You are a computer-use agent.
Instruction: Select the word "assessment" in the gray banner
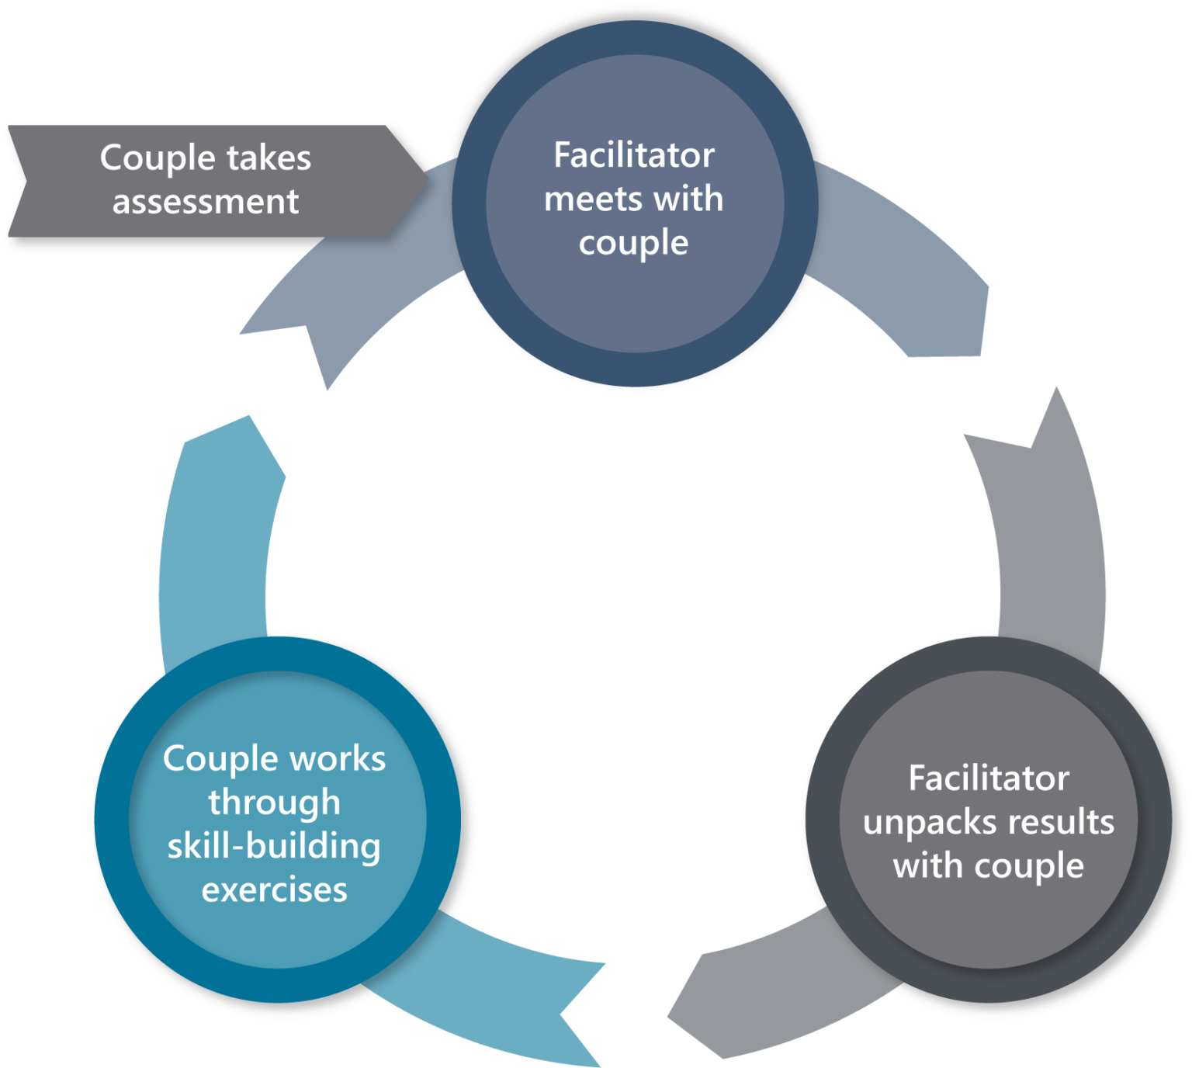[x=206, y=202]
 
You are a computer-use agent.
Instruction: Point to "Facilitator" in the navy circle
[x=634, y=155]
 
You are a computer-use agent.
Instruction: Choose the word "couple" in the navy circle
[x=634, y=244]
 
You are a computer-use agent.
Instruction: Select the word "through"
[x=274, y=803]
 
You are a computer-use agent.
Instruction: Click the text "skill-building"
[x=274, y=846]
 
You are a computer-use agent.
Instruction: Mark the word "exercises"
[x=274, y=890]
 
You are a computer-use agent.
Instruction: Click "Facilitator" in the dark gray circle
[x=989, y=778]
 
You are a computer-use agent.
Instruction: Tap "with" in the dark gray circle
[x=928, y=866]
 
